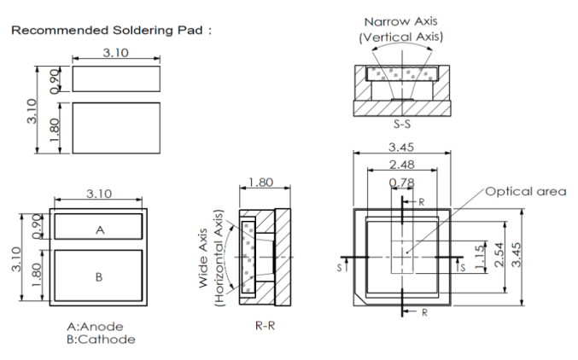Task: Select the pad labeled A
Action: pos(97,228)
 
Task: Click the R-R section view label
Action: pos(264,325)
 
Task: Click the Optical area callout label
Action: pos(527,191)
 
